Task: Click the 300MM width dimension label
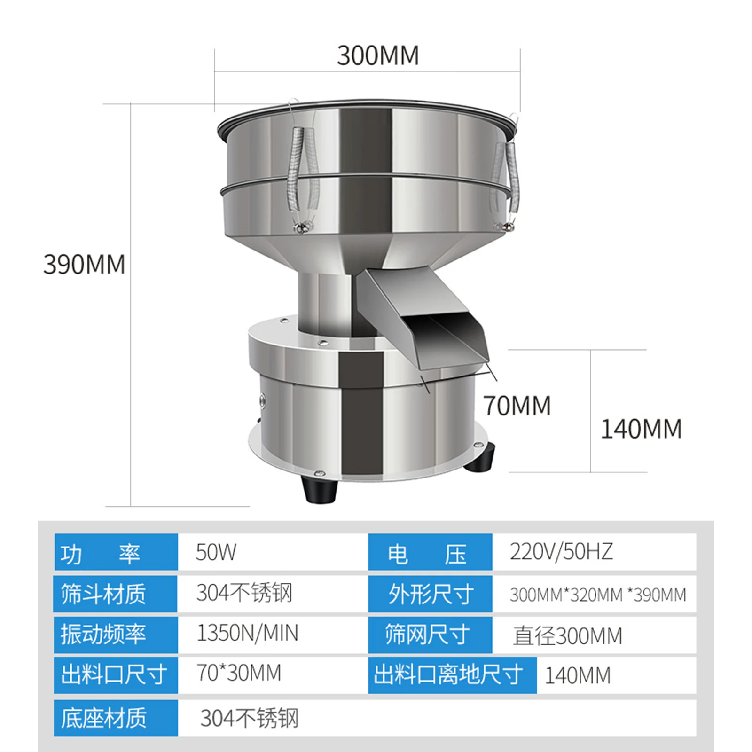[x=378, y=55]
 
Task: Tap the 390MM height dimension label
[x=84, y=264]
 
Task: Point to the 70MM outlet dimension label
[x=517, y=406]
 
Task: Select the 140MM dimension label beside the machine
[x=642, y=429]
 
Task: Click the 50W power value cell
[x=216, y=552]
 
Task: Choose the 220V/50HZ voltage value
[x=561, y=552]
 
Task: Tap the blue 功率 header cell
[x=116, y=552]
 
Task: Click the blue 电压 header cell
[x=430, y=552]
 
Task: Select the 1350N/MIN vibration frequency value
[x=247, y=633]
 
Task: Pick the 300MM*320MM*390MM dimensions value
[x=598, y=595]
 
